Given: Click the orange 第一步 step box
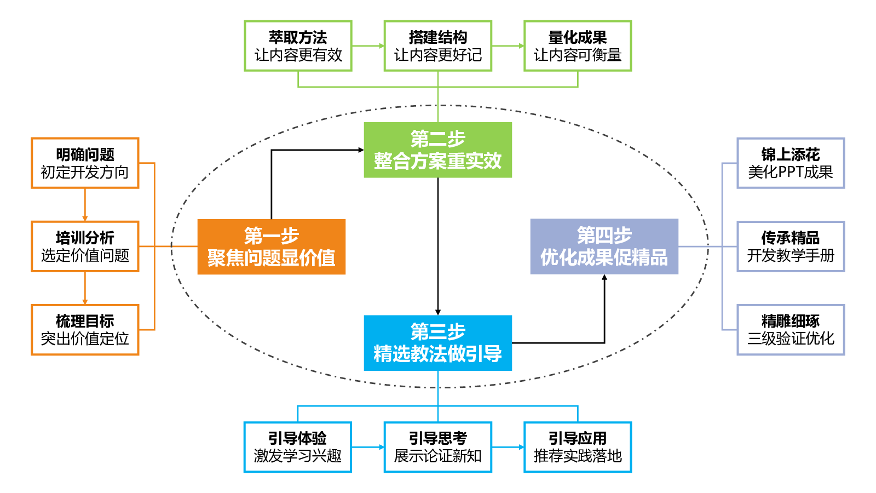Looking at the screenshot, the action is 272,247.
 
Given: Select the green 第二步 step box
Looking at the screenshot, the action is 437,150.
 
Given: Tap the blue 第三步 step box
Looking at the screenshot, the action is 437,343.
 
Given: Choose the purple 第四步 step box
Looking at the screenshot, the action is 604,246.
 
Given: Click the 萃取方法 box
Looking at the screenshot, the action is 298,46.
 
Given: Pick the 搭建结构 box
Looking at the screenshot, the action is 437,46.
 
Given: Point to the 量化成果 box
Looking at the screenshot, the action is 578,46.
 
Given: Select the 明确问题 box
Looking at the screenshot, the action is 85,163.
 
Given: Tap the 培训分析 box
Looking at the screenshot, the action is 85,246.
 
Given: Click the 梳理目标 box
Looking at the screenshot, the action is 85,330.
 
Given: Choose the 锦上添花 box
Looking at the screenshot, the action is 791,163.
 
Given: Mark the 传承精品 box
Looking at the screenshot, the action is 791,246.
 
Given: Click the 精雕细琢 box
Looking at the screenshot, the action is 791,330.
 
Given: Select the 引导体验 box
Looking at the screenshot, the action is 298,447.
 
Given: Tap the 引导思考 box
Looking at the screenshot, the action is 437,447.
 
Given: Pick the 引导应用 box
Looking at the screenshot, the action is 578,447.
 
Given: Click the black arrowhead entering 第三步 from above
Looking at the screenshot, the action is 437,312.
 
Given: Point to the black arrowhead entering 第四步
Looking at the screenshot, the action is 604,277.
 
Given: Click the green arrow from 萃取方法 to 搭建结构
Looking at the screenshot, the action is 368,46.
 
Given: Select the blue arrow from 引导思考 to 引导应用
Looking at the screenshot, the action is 508,447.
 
